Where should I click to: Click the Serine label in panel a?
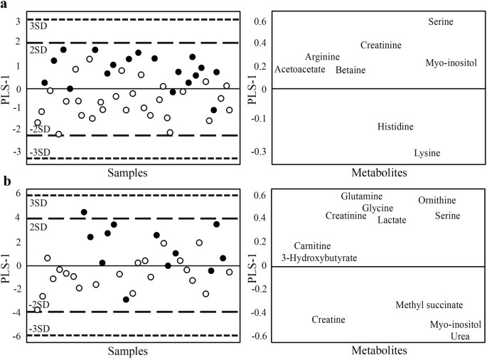(441, 22)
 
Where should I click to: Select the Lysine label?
(427, 153)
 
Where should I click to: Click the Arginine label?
(322, 57)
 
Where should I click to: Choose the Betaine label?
(350, 70)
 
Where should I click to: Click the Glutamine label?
(361, 196)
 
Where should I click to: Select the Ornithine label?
(437, 201)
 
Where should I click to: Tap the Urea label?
(460, 337)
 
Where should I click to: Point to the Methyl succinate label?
(429, 305)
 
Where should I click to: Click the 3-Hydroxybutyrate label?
(319, 258)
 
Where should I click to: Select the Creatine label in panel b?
(328, 320)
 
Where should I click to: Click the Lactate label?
(392, 220)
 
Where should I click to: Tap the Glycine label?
(378, 208)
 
